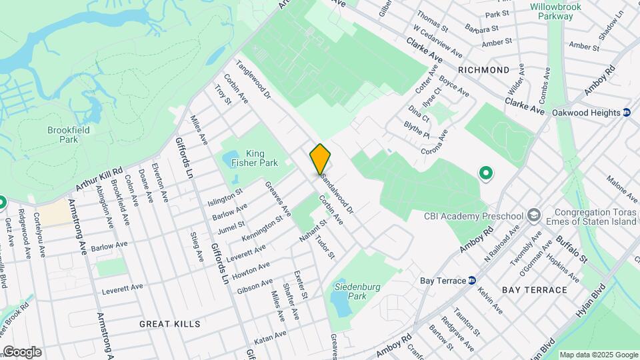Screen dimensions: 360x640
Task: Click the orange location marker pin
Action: click(x=320, y=159)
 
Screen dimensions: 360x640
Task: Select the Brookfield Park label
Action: click(x=63, y=135)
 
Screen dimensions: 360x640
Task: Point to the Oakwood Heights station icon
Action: click(x=627, y=113)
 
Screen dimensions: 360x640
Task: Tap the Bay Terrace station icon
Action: click(x=471, y=280)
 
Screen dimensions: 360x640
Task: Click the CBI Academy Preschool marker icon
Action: click(x=533, y=215)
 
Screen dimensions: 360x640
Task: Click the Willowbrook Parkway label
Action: click(x=556, y=11)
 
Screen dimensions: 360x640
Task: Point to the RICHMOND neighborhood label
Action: click(x=483, y=69)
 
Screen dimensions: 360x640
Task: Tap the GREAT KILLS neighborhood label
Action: click(x=169, y=323)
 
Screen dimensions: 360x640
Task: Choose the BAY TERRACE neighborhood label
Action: click(x=535, y=290)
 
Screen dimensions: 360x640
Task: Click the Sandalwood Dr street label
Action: click(x=336, y=191)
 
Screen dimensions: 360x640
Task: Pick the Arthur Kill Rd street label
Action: click(x=99, y=180)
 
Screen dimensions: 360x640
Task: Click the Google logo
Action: click(x=22, y=351)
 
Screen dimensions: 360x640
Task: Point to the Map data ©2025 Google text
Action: click(x=598, y=355)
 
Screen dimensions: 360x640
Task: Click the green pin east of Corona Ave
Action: click(x=486, y=174)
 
